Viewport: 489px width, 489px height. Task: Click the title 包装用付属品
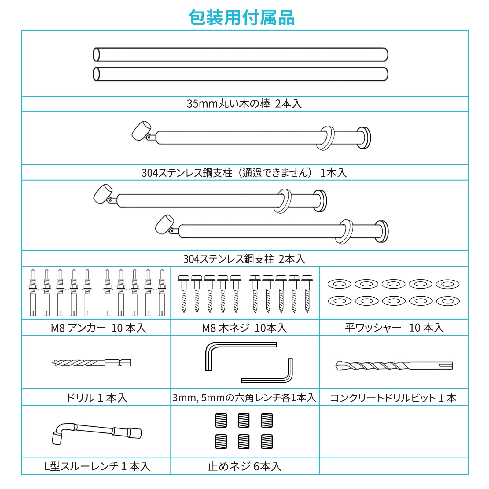click(x=241, y=18)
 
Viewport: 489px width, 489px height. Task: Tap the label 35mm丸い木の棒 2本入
click(x=244, y=104)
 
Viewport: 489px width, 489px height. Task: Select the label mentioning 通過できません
click(x=244, y=173)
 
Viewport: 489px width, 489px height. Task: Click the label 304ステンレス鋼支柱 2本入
click(x=244, y=259)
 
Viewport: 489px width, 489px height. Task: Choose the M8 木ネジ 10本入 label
click(x=244, y=328)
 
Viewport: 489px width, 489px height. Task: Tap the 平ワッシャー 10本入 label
click(x=394, y=328)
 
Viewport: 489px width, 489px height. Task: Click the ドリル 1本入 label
click(x=97, y=398)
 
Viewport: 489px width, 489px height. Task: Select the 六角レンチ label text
click(x=244, y=397)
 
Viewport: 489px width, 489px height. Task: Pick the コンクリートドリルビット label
click(x=393, y=398)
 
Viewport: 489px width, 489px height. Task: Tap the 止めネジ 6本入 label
click(x=244, y=466)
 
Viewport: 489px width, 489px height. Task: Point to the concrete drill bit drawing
click(x=394, y=366)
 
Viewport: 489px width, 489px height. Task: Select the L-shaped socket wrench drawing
click(x=97, y=431)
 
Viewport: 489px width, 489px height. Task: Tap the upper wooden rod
click(x=241, y=55)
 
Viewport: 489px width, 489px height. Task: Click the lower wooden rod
click(x=241, y=74)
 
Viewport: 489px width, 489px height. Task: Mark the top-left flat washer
click(x=339, y=284)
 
